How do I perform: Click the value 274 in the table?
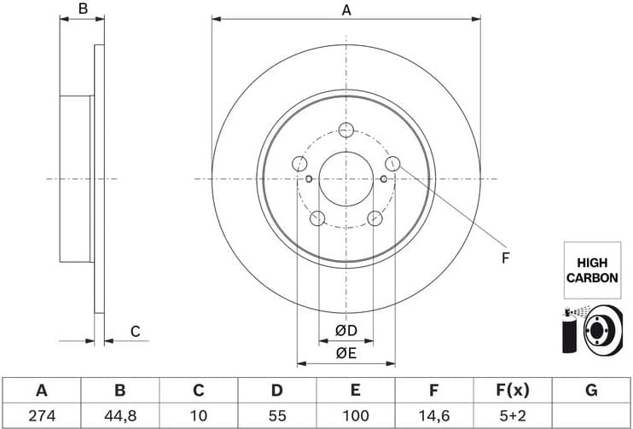coord(40,415)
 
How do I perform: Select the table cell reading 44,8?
coord(120,415)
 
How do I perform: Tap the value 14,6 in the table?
coord(433,415)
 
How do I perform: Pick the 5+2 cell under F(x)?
coord(512,415)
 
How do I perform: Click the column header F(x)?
coord(512,391)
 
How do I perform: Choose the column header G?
coord(591,391)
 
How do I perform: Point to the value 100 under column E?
coord(355,415)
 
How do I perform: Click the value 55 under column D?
coord(276,415)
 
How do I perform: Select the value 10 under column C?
coord(198,415)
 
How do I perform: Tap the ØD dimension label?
coord(345,330)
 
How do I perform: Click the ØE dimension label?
coord(345,352)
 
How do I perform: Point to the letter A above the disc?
coord(346,10)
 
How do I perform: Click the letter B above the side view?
coord(83,9)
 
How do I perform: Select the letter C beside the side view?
coord(135,332)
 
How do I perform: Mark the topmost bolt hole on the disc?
coord(346,130)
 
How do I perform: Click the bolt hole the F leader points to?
coord(392,163)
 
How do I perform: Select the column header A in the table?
coord(40,391)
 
